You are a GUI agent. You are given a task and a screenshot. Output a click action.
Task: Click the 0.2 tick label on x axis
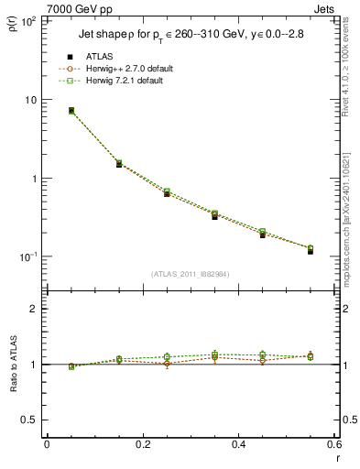pos(142,445)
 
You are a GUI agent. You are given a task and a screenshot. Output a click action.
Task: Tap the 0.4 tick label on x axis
pos(238,445)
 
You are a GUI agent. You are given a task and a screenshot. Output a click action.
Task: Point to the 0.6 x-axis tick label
pos(333,445)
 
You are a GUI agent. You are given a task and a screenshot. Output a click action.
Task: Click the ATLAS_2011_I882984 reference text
pos(190,273)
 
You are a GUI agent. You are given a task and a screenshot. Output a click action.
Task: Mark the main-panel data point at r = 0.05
pos(71,111)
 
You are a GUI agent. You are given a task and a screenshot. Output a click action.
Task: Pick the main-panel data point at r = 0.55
pos(311,249)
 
